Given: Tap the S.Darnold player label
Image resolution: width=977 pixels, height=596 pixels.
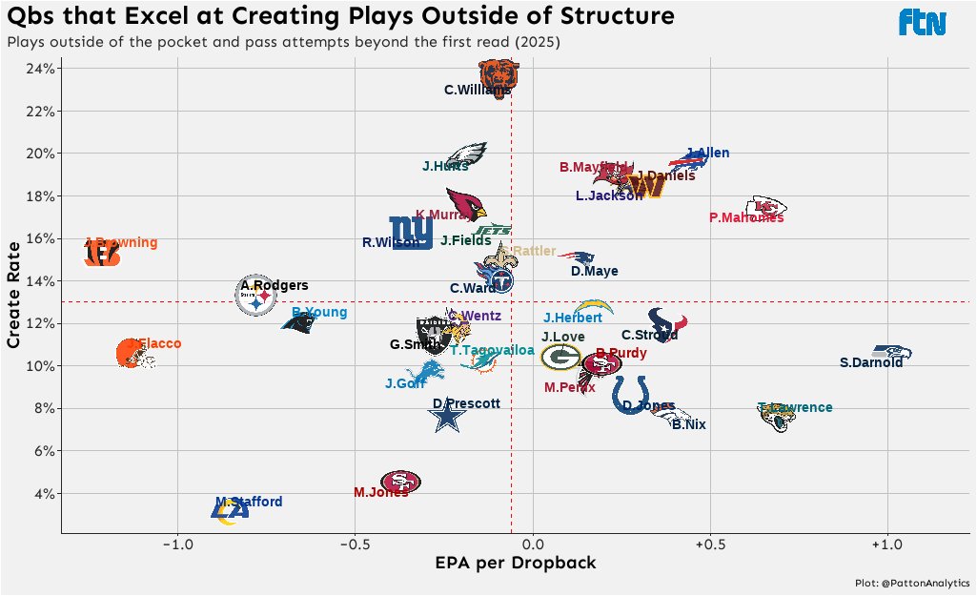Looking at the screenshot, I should tap(871, 362).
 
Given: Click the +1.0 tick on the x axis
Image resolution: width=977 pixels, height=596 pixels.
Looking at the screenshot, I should tap(887, 545).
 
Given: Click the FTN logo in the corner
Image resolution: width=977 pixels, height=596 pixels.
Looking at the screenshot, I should tap(923, 22).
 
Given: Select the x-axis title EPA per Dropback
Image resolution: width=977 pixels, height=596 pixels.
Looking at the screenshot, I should tap(516, 563).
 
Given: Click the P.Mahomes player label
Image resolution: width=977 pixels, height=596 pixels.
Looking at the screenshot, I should tap(746, 217).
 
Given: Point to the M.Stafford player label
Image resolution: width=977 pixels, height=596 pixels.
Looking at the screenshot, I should tap(249, 502).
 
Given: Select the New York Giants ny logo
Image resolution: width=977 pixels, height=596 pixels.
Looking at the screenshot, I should tap(411, 232).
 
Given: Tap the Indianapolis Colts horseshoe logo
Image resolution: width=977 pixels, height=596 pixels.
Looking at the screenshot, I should tap(630, 393).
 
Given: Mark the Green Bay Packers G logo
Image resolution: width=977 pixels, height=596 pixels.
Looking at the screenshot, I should tap(560, 358).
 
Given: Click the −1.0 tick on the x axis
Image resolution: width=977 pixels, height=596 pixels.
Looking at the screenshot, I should tap(177, 545).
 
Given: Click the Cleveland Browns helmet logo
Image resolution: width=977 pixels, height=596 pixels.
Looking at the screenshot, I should tap(132, 354).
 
